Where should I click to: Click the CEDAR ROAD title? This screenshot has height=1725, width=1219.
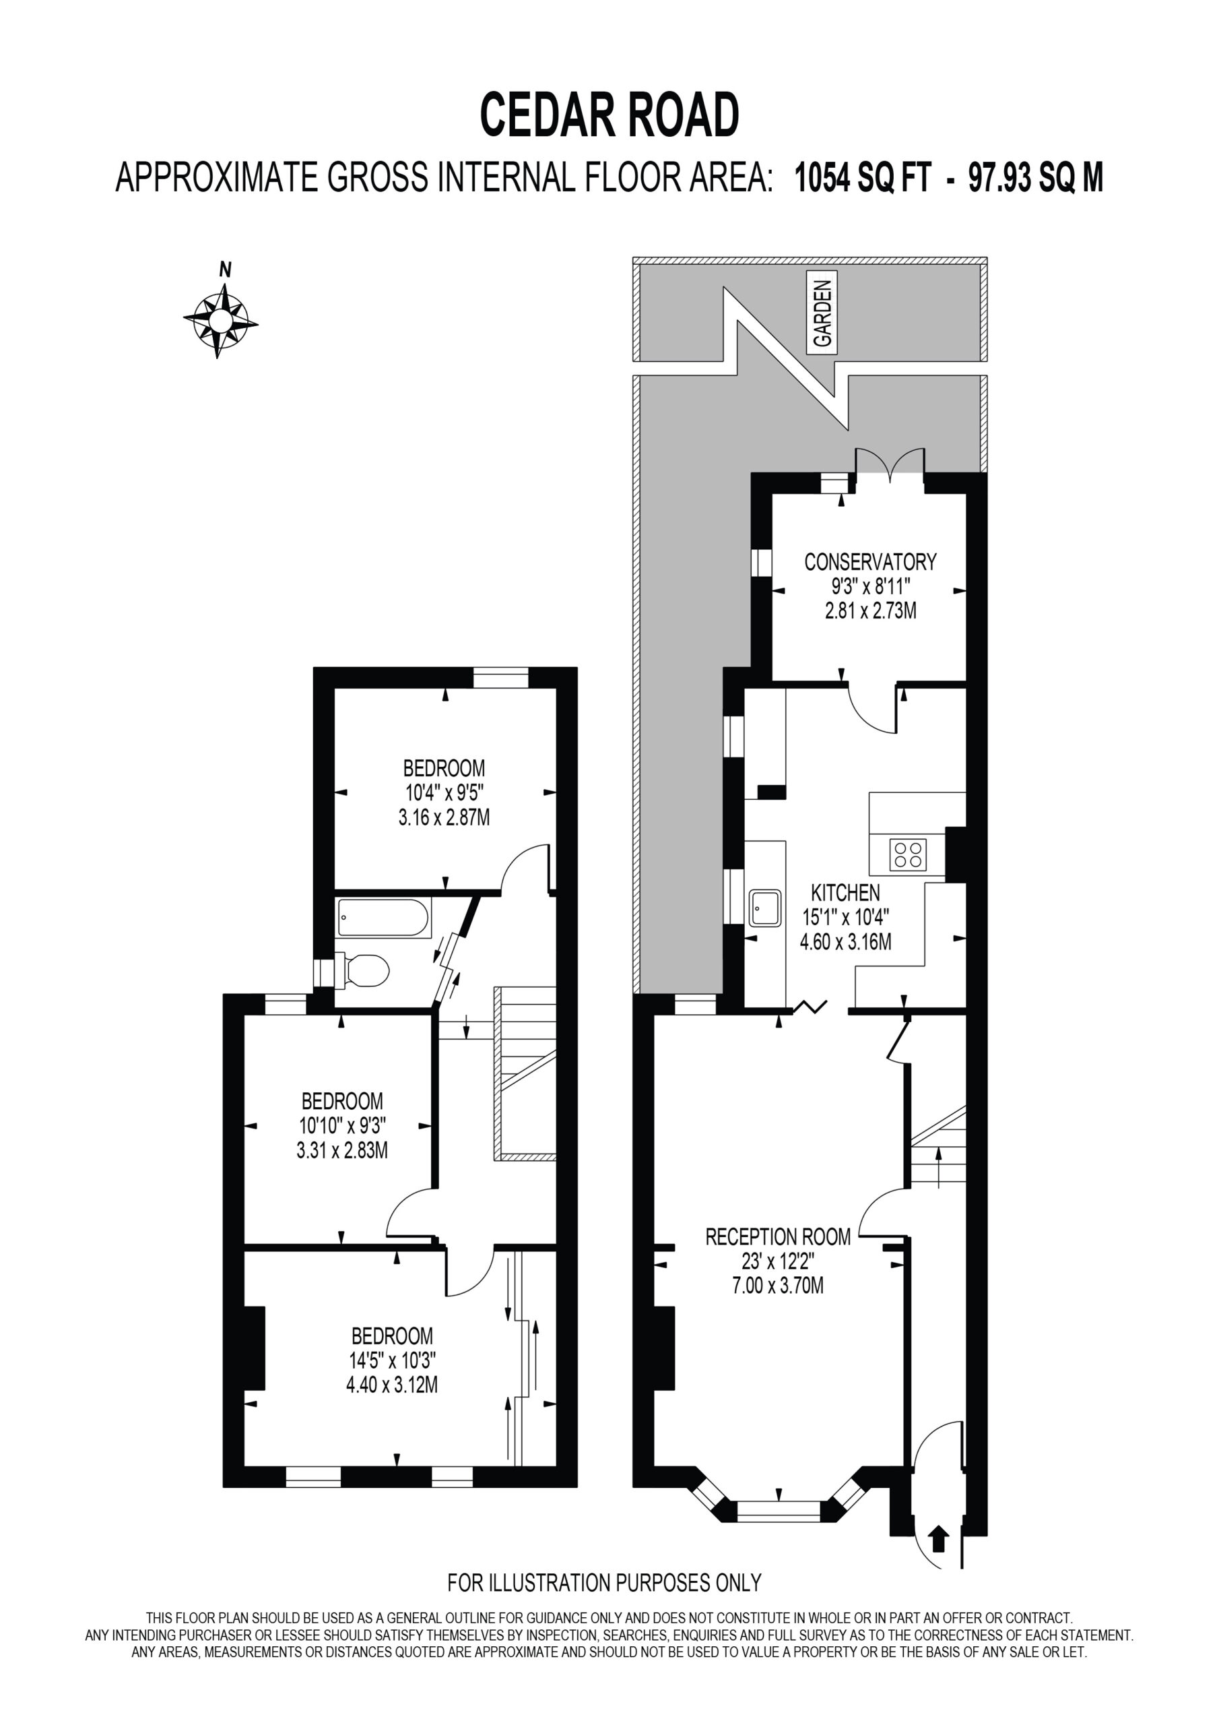(609, 115)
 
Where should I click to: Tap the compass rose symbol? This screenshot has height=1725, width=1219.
(220, 322)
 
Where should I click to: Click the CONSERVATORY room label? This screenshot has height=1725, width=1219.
(871, 561)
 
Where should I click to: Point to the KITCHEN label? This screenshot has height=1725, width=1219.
(845, 893)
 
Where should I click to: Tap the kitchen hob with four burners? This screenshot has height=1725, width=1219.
(908, 854)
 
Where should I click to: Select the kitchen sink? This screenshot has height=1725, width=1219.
(764, 908)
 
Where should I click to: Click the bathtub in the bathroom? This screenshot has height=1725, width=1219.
(383, 918)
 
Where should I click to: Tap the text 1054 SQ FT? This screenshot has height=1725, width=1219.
(863, 179)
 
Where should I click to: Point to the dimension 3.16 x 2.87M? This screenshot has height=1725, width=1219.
(444, 817)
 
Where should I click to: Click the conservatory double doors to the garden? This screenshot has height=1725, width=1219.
(890, 463)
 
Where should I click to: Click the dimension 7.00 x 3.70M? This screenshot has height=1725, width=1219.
(777, 1286)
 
